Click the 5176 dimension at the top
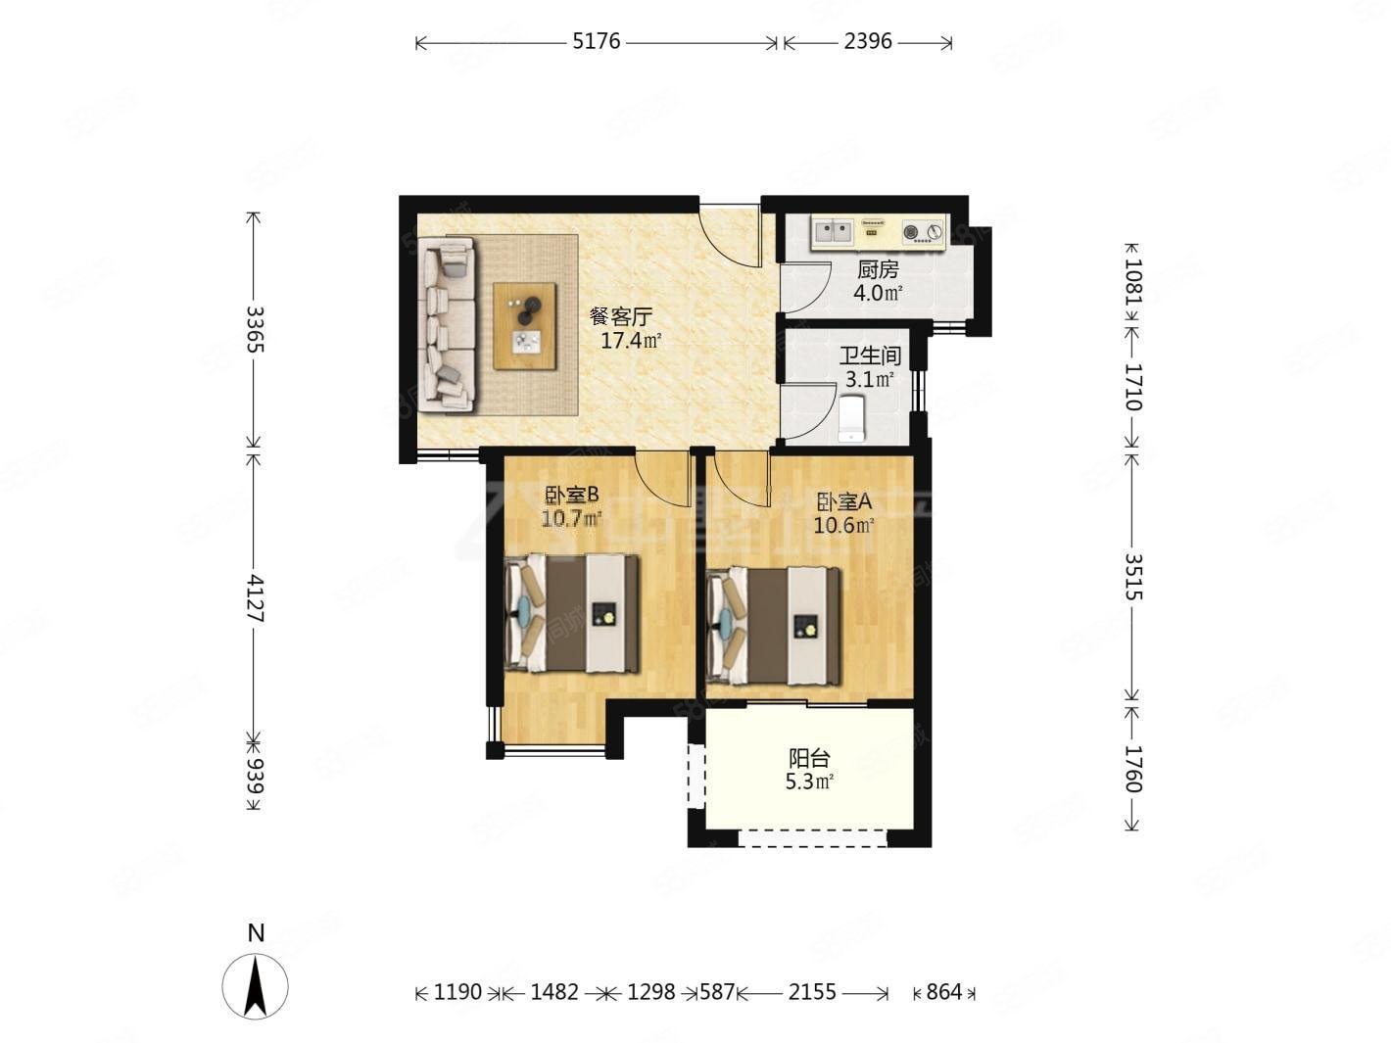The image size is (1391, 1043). (596, 42)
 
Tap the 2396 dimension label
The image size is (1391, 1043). (868, 42)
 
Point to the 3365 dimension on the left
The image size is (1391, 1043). (255, 329)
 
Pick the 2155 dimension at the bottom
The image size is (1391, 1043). (812, 991)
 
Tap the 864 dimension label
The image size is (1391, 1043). (944, 991)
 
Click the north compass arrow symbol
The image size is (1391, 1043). (255, 987)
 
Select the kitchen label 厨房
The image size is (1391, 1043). (879, 270)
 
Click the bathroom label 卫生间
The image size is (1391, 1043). (870, 356)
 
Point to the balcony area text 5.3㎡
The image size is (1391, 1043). (809, 782)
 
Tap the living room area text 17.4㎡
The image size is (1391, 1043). (631, 341)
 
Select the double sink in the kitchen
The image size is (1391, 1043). (832, 232)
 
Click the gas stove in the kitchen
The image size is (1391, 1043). (922, 233)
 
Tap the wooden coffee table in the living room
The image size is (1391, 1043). (525, 326)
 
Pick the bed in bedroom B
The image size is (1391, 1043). (572, 613)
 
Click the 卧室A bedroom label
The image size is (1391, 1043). (844, 502)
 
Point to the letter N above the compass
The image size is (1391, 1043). (256, 932)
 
